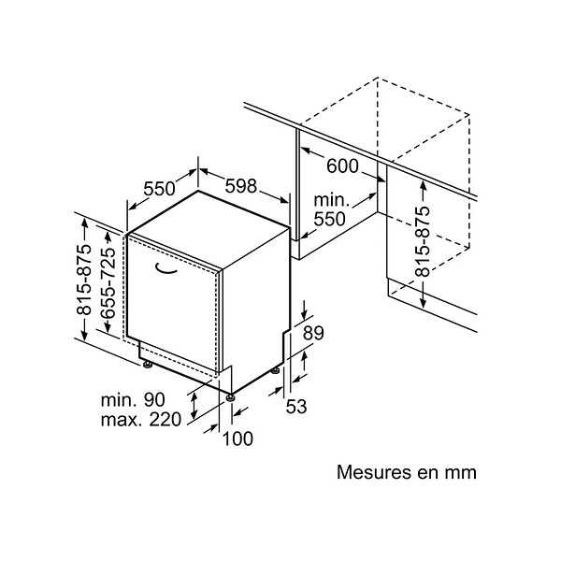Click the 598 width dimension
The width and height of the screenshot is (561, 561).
pyautogui.click(x=241, y=186)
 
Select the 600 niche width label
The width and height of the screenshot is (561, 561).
pyautogui.click(x=342, y=166)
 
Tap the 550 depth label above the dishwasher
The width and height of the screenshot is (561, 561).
pyautogui.click(x=159, y=189)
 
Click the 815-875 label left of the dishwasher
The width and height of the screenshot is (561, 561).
pyautogui.click(x=84, y=280)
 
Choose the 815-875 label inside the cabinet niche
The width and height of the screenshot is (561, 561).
pyautogui.click(x=423, y=241)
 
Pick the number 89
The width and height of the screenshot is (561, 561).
pyautogui.click(x=313, y=333)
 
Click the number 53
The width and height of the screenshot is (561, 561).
pyautogui.click(x=296, y=407)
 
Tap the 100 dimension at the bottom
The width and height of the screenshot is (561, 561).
pyautogui.click(x=237, y=439)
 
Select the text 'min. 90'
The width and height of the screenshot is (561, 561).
pyautogui.click(x=133, y=399)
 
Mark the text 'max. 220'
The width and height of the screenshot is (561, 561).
pyautogui.click(x=141, y=419)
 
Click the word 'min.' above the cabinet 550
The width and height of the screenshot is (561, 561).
pyautogui.click(x=331, y=200)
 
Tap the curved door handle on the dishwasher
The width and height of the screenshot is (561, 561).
pyautogui.click(x=166, y=268)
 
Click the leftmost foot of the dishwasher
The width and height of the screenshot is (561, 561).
pyautogui.click(x=148, y=365)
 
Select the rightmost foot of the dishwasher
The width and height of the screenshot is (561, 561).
pyautogui.click(x=275, y=370)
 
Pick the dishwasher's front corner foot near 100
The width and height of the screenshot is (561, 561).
pyautogui.click(x=230, y=397)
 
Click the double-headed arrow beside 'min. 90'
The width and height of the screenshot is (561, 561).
pyautogui.click(x=194, y=405)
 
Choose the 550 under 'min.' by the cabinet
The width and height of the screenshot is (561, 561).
pyautogui.click(x=329, y=219)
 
